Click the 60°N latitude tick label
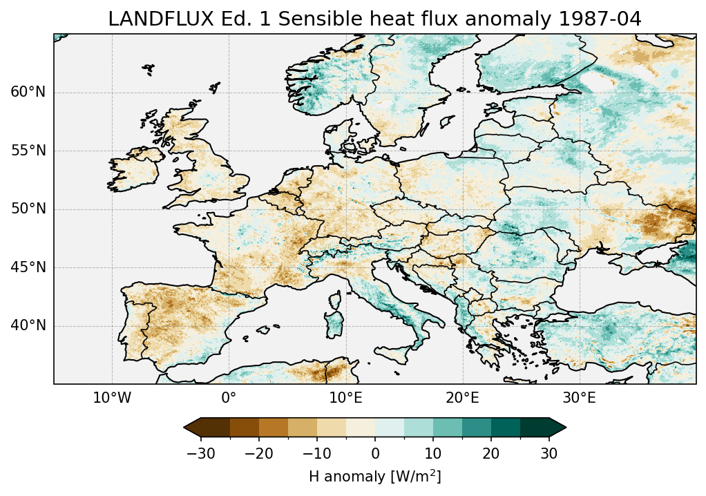coord(28,93)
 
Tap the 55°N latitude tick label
coord(28,151)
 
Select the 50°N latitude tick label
coord(28,209)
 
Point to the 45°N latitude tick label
coord(28,267)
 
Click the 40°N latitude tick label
coord(28,325)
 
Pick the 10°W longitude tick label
coord(112,398)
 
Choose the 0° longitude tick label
coord(229,398)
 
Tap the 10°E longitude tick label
coord(345,398)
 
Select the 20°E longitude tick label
coord(462,398)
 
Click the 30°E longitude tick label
coord(579,398)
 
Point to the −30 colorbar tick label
coord(200,454)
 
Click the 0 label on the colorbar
coord(375,454)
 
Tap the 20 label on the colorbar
coord(491,454)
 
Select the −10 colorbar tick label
coord(316,454)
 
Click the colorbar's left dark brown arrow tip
coord(185,428)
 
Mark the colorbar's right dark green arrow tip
coord(565,428)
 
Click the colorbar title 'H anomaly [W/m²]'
coord(375,476)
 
